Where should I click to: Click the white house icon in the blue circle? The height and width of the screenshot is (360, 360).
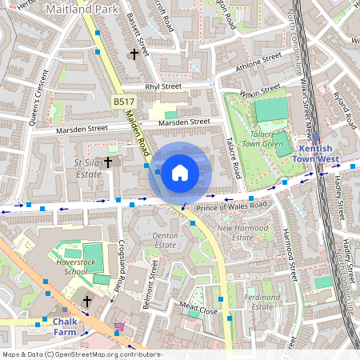(180, 172)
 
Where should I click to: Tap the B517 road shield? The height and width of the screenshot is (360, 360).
(123, 102)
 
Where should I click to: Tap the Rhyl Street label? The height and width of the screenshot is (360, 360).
(164, 86)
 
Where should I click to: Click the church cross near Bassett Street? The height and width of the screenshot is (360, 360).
(134, 54)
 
